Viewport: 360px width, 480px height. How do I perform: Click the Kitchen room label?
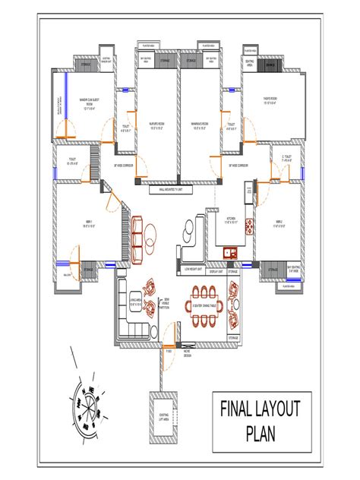232,220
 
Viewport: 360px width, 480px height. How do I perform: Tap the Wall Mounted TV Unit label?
180,190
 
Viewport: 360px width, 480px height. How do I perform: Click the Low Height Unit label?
194,270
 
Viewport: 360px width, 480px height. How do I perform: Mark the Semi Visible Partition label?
165,305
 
